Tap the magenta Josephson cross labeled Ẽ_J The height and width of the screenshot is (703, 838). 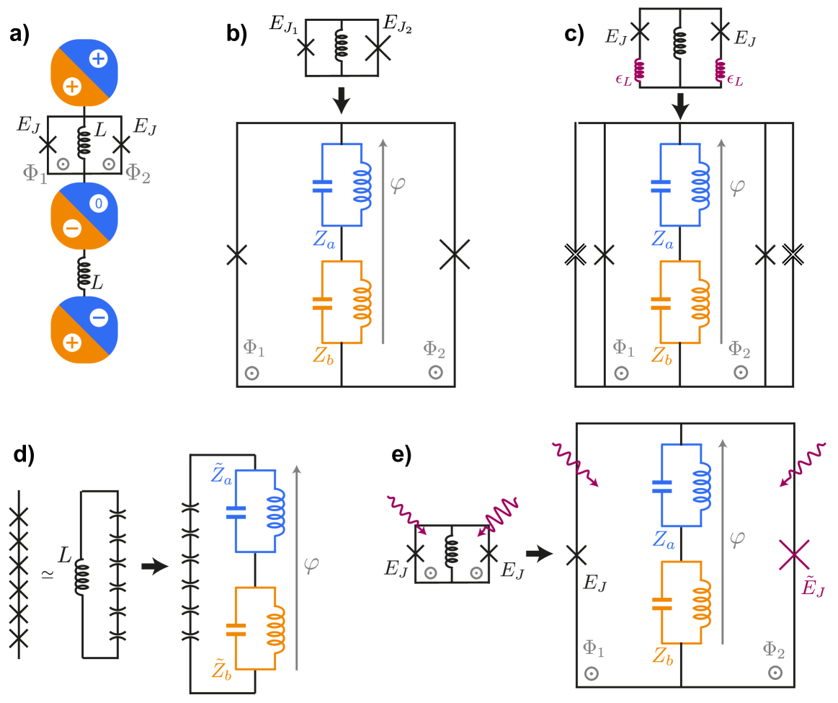(793, 554)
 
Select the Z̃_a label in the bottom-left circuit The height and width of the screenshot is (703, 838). (221, 475)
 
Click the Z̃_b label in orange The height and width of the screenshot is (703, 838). (221, 671)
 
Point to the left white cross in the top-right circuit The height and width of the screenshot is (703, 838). (575, 255)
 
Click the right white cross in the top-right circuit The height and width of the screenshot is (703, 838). (793, 255)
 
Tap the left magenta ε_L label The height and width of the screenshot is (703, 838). (623, 80)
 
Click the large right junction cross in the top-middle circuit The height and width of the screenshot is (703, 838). (455, 255)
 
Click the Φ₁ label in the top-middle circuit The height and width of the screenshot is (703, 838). (254, 348)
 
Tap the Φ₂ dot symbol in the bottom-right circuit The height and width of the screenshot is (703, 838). (775, 672)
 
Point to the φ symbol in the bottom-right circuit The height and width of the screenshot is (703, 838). (736, 538)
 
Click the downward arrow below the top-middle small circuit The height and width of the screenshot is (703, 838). (342, 101)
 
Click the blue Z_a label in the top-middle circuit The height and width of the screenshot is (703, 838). (324, 239)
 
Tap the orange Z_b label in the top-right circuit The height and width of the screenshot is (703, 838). (661, 355)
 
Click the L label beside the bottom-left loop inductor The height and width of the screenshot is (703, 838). (66, 555)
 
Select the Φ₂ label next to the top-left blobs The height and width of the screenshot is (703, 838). (138, 174)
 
